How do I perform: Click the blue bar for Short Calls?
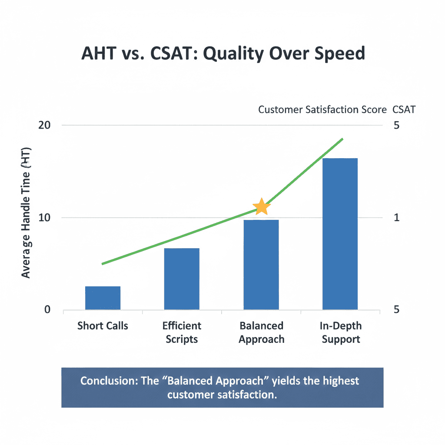click(x=103, y=298)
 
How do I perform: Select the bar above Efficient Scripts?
click(x=182, y=279)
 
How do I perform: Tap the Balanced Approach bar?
click(x=261, y=265)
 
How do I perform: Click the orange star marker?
click(x=261, y=206)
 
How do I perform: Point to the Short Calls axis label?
click(x=103, y=325)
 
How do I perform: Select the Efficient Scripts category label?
click(x=182, y=332)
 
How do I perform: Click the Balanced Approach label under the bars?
click(x=261, y=332)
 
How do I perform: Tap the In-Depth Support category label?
click(x=340, y=332)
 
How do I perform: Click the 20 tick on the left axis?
click(x=45, y=125)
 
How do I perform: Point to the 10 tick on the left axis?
click(x=45, y=217)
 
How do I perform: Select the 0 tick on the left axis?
click(x=47, y=310)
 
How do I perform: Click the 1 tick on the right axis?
click(x=396, y=217)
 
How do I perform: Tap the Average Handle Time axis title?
click(x=26, y=217)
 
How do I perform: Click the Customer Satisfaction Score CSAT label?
click(x=336, y=110)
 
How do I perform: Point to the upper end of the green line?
click(x=342, y=139)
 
